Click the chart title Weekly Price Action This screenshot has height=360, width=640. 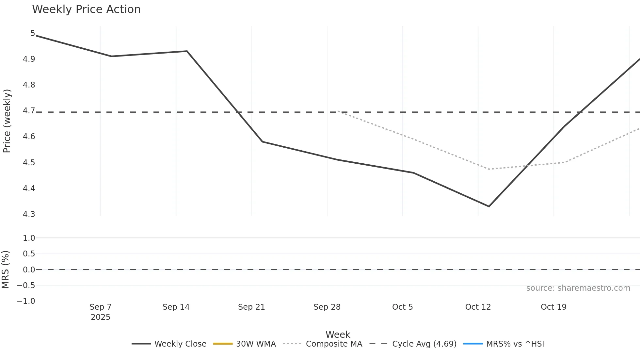coord(86,9)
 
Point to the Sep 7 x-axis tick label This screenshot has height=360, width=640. coord(101,307)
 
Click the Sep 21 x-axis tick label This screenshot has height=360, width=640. coord(251,307)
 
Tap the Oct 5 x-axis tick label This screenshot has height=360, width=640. coord(403,307)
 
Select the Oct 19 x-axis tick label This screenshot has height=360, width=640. coord(553,307)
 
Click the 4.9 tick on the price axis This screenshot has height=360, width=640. coord(29,59)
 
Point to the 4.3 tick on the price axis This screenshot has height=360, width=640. coord(29,214)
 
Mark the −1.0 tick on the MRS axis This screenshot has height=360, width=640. coord(26,301)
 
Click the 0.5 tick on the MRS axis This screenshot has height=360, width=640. coord(29,254)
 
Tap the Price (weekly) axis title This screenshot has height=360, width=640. coord(7,121)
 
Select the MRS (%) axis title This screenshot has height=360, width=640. coord(6,270)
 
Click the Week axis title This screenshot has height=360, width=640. coord(338,335)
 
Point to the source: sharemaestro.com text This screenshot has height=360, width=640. coord(578,288)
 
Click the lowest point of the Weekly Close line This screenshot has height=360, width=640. coord(489,206)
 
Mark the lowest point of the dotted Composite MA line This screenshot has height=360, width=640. coord(488,169)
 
